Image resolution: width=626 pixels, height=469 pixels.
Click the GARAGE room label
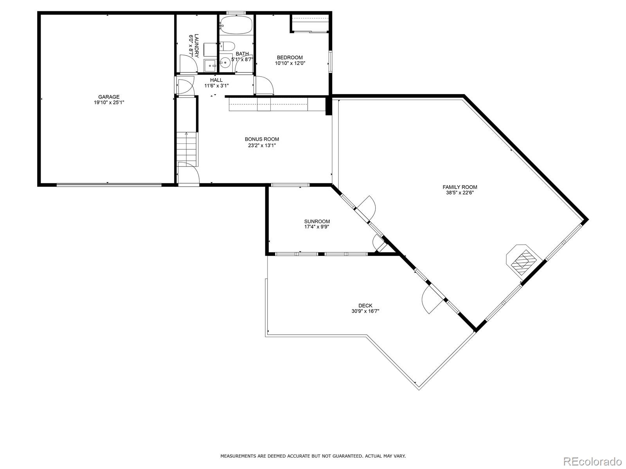point(109,97)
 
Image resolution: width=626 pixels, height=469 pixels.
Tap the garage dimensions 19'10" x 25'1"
point(109,102)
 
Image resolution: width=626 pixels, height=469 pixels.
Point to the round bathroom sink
point(225,63)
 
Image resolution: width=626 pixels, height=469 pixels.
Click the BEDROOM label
point(290,57)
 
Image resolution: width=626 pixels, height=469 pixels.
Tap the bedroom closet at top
point(309,24)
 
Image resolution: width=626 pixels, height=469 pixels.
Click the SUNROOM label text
point(317,221)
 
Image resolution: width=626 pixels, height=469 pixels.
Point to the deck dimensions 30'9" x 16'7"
point(365,311)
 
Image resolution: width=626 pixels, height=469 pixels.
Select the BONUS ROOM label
point(262,139)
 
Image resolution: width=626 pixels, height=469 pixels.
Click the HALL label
point(216,80)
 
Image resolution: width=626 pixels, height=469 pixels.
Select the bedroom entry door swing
point(264,85)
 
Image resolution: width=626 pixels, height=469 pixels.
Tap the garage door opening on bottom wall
point(109,184)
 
